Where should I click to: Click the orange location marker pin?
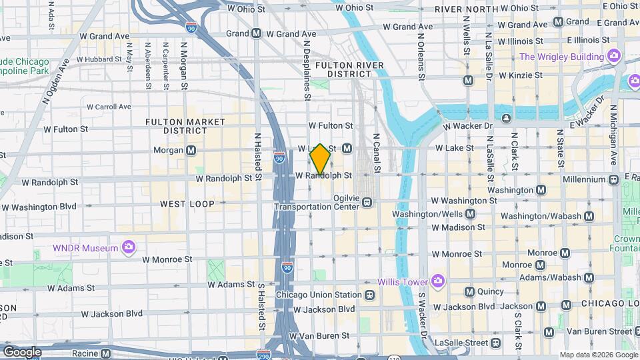pyautogui.click(x=321, y=159)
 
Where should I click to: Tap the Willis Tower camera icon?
pyautogui.click(x=437, y=279)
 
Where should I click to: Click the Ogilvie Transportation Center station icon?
pyautogui.click(x=367, y=203)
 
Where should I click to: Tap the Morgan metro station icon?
pyautogui.click(x=191, y=151)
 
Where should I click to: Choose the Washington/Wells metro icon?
pyautogui.click(x=471, y=214)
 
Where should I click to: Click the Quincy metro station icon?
pyautogui.click(x=469, y=291)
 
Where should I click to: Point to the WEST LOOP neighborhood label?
pyautogui.click(x=187, y=203)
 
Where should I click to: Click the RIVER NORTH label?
pyautogui.click(x=467, y=10)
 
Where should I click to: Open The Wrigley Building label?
pyautogui.click(x=561, y=57)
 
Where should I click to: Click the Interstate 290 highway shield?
pyautogui.click(x=264, y=355)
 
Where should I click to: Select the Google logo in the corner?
pyautogui.click(x=22, y=351)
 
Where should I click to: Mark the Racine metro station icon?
pyautogui.click(x=105, y=353)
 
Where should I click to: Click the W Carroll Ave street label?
pyautogui.click(x=109, y=107)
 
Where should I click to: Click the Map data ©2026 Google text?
pyautogui.click(x=598, y=355)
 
